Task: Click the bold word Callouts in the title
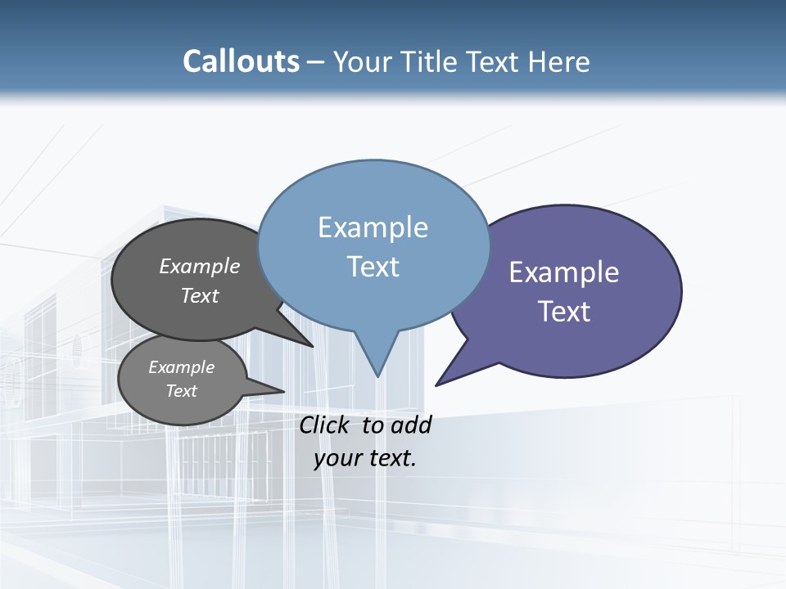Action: (241, 61)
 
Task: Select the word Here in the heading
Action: (558, 61)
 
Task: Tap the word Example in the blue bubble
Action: (373, 227)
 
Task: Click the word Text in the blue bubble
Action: (373, 267)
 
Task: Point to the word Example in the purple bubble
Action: (564, 272)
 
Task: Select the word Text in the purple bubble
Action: (564, 312)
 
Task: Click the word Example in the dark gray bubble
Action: (200, 267)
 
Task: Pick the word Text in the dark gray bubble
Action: (200, 295)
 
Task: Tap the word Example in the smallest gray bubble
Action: (181, 367)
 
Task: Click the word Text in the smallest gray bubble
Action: (181, 391)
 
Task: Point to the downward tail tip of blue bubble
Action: (377, 374)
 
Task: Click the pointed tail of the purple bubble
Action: (439, 383)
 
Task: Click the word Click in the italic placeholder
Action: (325, 425)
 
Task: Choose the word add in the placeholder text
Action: (411, 425)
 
